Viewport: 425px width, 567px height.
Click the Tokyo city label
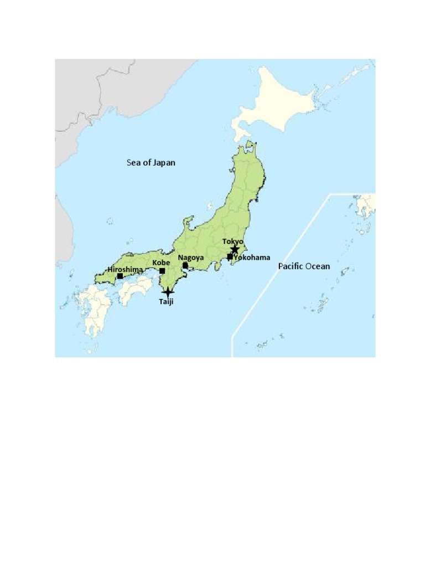232,241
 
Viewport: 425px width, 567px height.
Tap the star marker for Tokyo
235,250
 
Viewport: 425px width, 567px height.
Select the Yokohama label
252,257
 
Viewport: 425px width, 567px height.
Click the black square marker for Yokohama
230,256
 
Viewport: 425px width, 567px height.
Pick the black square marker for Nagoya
185,265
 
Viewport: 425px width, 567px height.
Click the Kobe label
160,262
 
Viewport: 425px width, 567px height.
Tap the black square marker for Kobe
162,271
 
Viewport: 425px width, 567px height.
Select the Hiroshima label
125,269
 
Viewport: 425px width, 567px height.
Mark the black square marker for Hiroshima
120,275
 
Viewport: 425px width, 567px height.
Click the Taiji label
166,302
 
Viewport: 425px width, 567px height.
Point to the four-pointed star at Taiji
168,292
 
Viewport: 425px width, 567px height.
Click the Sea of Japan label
151,163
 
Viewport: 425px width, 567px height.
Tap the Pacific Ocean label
304,266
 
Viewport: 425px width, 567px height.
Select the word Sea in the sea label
133,163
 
